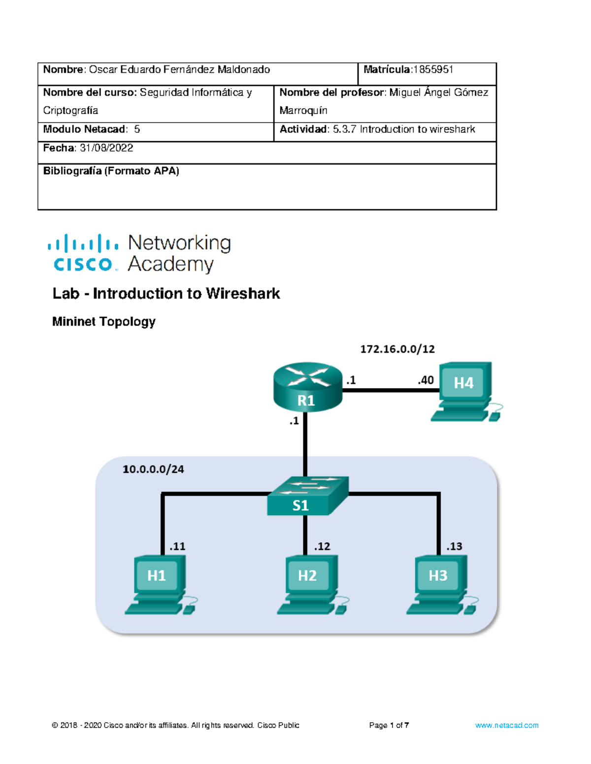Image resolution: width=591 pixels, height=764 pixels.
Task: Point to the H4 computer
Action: [466, 392]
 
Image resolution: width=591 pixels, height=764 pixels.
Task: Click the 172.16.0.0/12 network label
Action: [397, 349]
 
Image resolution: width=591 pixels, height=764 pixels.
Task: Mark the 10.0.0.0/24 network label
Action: [153, 469]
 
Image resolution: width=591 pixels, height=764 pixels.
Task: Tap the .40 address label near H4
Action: [426, 380]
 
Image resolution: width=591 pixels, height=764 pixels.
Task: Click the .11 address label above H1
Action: [177, 547]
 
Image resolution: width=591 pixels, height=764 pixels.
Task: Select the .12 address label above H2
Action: [322, 547]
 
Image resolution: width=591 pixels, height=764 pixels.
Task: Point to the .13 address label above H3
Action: [454, 547]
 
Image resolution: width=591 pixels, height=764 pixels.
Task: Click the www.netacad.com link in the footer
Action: [506, 725]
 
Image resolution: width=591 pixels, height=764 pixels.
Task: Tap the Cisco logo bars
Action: [83, 243]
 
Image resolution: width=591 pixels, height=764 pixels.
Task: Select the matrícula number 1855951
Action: [433, 70]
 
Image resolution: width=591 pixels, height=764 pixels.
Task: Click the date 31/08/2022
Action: [106, 148]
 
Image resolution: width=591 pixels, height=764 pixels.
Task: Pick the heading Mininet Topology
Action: [104, 322]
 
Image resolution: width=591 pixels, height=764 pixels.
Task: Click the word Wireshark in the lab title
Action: [243, 294]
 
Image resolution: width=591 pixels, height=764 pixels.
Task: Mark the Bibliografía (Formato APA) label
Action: [111, 171]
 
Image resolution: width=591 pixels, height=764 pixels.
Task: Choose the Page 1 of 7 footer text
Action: [389, 725]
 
